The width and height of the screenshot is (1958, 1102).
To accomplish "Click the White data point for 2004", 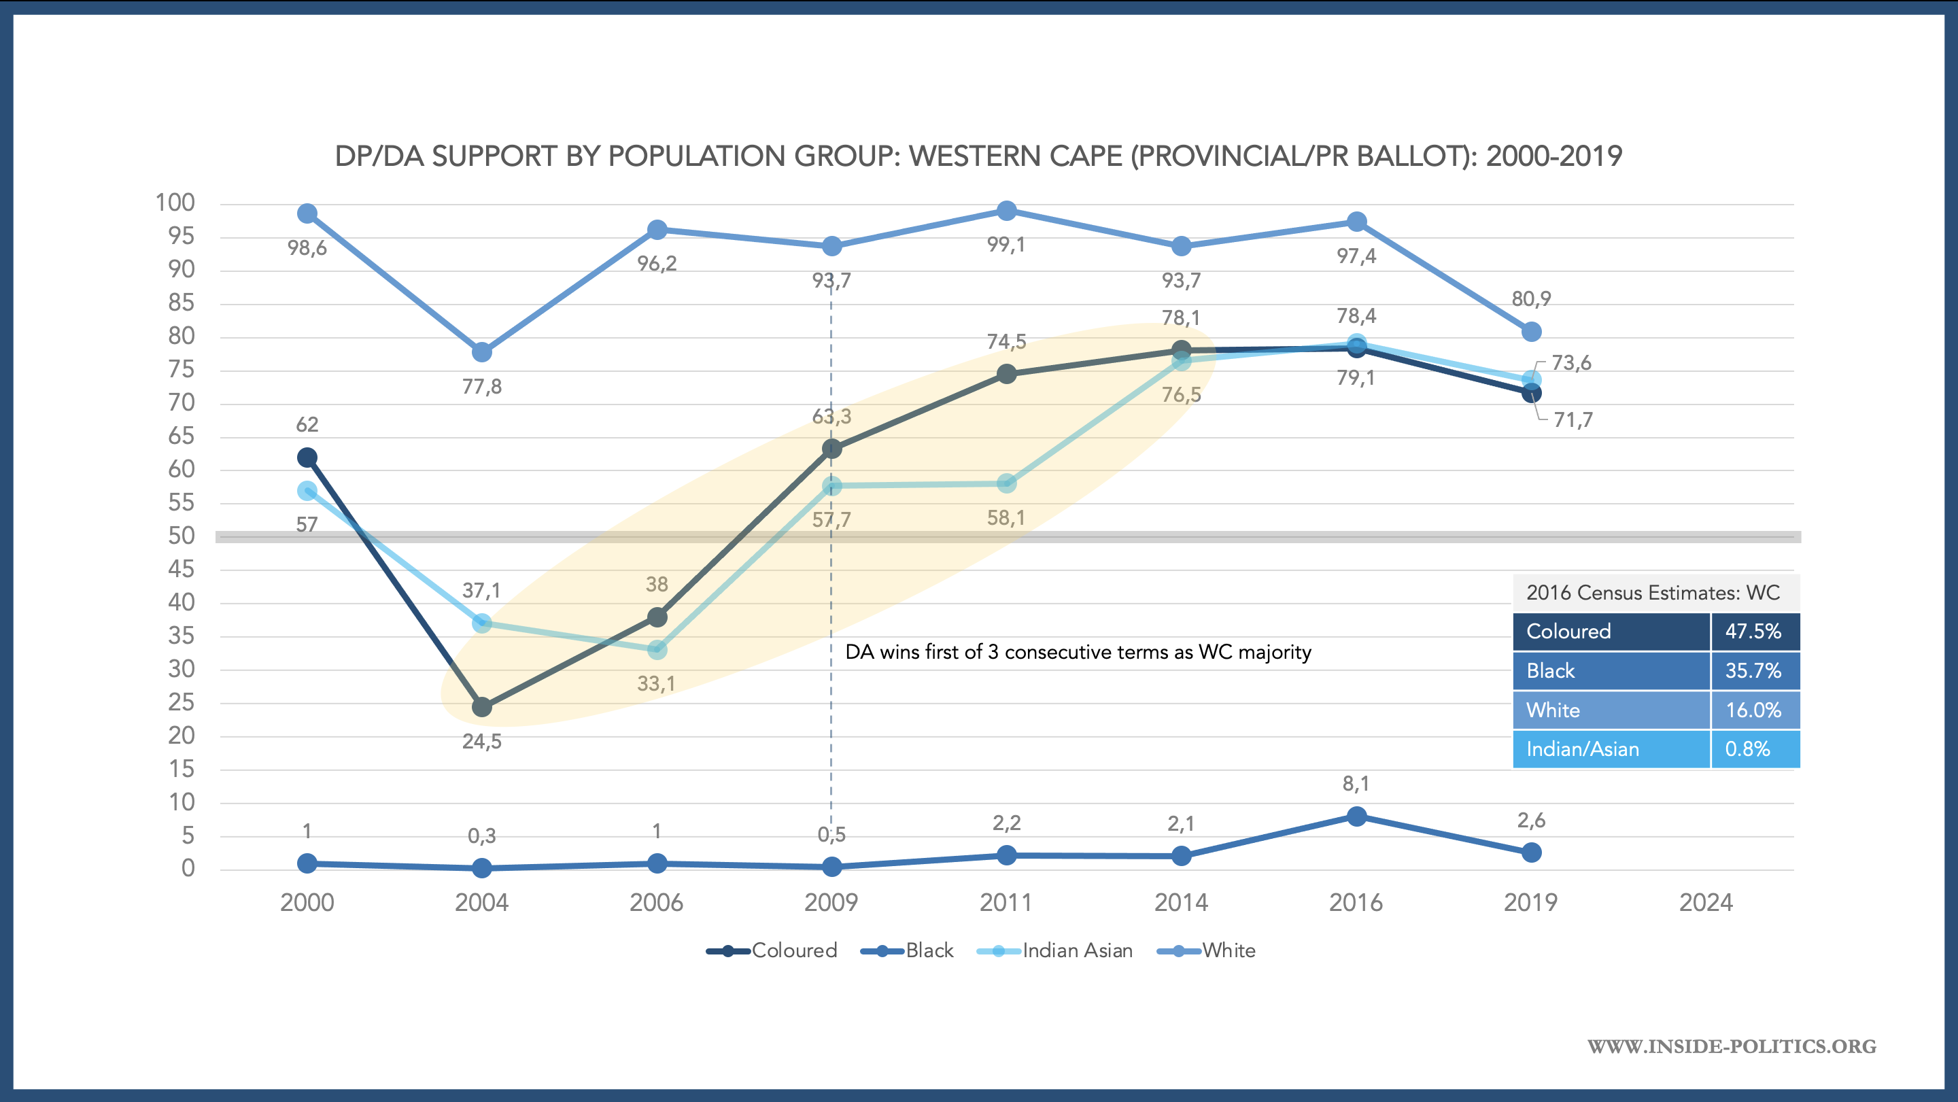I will [482, 353].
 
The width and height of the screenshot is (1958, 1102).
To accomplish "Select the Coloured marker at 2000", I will [307, 458].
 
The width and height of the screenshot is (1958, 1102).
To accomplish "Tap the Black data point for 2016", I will [1356, 816].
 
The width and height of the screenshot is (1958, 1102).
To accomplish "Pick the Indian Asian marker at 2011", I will [1006, 483].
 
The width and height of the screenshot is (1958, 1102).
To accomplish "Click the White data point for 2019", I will [1532, 332].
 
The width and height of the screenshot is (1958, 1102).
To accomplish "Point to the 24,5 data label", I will [482, 742].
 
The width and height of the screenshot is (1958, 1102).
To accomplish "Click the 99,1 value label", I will [1006, 245].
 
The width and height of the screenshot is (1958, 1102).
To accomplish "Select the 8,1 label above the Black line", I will [1356, 784].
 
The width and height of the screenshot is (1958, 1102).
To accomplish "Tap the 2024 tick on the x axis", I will [1706, 903].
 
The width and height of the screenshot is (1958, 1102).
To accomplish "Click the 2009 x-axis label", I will [831, 903].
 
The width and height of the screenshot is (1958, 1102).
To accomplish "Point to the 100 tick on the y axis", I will [175, 203].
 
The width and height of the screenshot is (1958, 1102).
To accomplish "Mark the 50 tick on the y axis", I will [182, 536].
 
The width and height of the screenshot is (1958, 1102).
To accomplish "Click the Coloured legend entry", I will [772, 951].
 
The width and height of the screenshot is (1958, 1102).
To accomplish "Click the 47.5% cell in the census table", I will [1753, 632].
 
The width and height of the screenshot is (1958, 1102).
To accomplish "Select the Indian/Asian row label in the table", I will [1583, 749].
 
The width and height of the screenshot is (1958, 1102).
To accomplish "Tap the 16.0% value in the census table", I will [1753, 710].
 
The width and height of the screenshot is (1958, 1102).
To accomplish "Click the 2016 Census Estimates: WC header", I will [1653, 593].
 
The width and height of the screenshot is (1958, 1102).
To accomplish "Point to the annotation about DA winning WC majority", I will [1078, 652].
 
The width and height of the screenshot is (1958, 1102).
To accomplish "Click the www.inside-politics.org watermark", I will [1732, 1046].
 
